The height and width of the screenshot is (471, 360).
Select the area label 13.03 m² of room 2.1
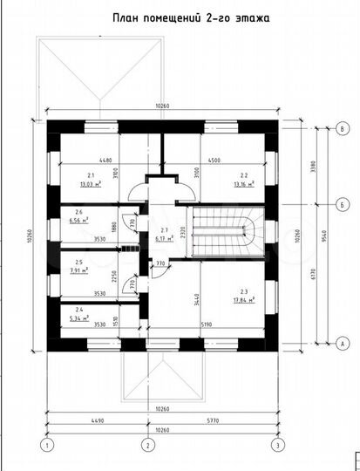90,185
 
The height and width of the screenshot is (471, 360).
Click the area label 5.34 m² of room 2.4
79,317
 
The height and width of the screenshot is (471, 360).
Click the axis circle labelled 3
276,447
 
